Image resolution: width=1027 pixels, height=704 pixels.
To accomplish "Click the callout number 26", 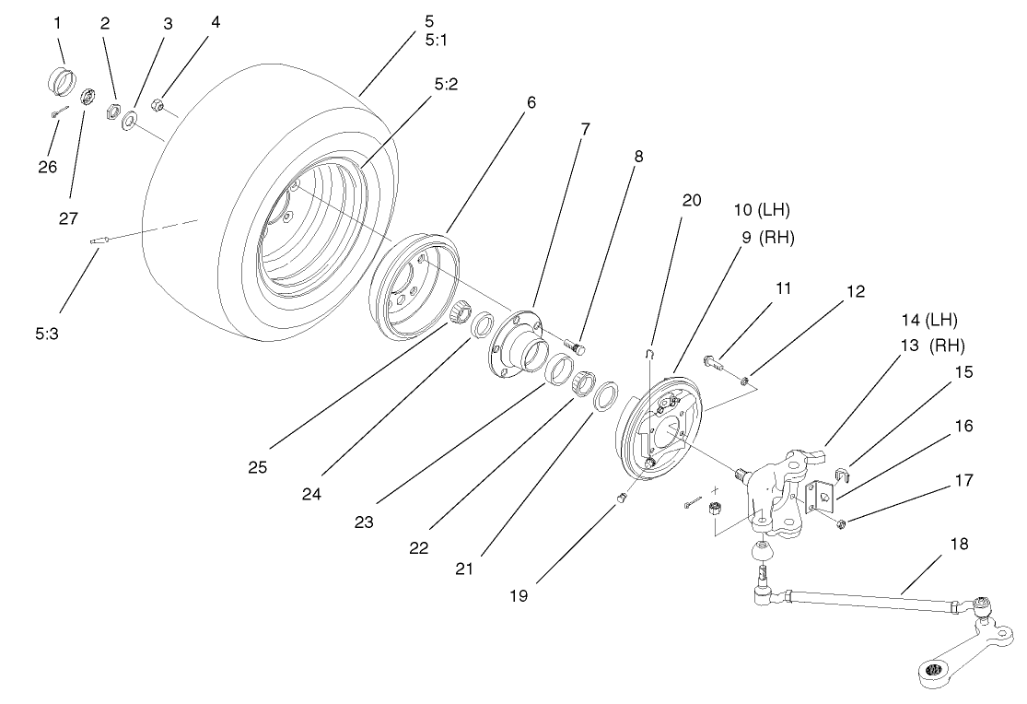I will point(47,167).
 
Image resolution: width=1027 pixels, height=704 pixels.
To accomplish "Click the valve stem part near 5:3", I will point(100,241).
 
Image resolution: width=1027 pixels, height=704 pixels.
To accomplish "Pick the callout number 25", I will point(257,467).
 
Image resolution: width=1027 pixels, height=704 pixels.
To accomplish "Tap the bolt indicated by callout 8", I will point(577,347).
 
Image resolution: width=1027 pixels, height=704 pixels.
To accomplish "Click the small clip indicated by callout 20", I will point(649,352).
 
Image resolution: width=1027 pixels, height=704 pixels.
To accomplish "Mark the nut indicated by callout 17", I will point(842,525).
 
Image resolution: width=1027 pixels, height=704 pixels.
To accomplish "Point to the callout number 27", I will point(69,217).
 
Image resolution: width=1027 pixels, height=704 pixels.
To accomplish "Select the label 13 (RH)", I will point(927,346).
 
